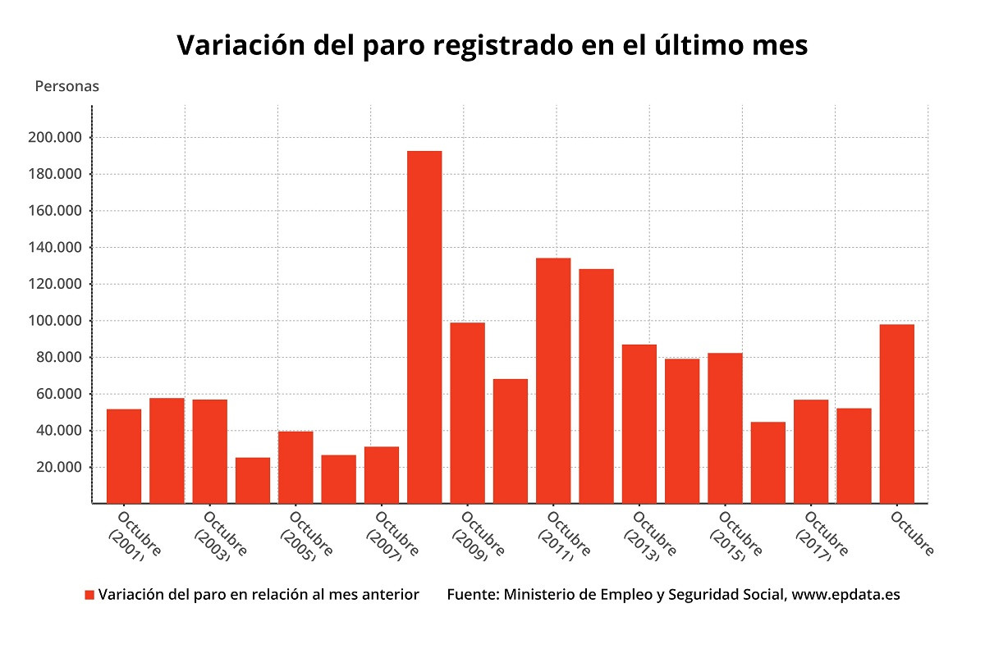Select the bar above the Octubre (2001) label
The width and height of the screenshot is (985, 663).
coord(124,455)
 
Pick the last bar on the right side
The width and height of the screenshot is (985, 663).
coord(896,414)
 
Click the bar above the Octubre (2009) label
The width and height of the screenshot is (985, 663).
coord(467,413)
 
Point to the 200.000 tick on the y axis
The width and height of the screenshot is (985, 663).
coord(54,138)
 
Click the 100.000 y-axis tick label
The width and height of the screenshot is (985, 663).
coord(54,321)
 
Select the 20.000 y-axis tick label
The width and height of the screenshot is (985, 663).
coord(58,468)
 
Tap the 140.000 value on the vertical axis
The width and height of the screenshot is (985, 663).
coord(54,248)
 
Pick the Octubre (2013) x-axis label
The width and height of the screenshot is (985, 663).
coord(648,537)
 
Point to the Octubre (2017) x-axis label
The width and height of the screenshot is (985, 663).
coord(820,537)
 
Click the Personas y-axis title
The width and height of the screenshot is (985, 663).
coord(66,86)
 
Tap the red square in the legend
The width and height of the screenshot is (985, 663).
coord(89,595)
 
